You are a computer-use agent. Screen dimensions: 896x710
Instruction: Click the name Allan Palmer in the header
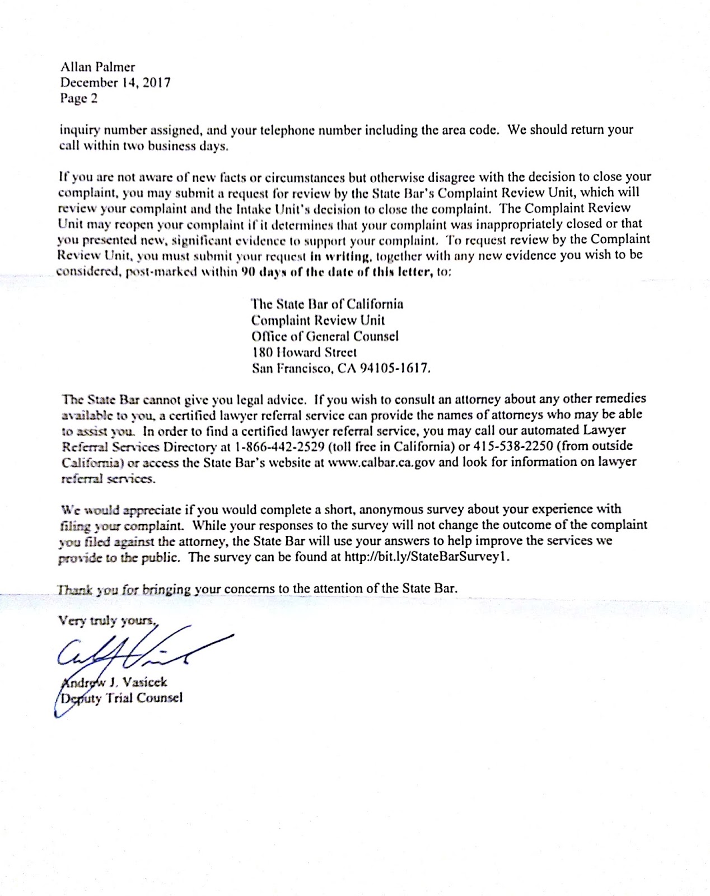(97, 67)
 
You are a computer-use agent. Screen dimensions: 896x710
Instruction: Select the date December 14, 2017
(115, 83)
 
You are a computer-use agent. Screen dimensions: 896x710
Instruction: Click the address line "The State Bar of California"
(327, 304)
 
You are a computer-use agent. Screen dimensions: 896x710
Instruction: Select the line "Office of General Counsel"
(325, 336)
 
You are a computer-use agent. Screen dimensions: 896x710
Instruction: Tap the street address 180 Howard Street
(304, 352)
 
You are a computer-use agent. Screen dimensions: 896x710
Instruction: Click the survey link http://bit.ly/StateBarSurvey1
(427, 557)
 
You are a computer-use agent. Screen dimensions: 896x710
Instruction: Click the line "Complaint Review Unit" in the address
(317, 320)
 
